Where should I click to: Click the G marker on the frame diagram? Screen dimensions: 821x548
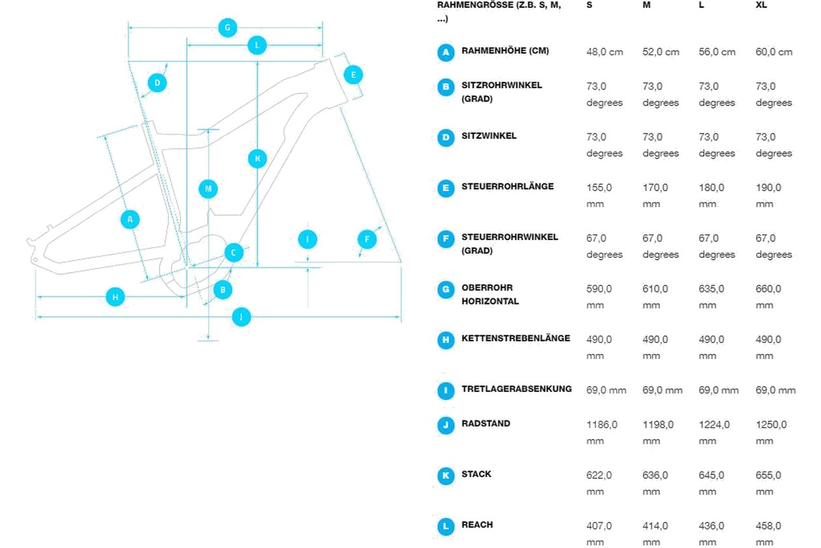[x=227, y=27]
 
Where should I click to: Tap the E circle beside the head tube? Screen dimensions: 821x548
[x=353, y=75]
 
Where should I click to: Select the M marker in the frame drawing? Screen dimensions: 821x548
[x=209, y=189]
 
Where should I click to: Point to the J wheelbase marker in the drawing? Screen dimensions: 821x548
[x=242, y=317]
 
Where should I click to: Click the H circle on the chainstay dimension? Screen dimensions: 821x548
[x=115, y=297]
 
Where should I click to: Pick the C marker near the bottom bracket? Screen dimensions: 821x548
[x=233, y=252]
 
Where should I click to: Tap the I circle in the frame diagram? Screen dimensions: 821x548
[x=308, y=239]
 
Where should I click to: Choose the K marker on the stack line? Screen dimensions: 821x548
[x=257, y=159]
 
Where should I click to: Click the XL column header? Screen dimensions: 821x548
[x=761, y=5]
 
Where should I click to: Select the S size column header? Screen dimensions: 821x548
[x=589, y=5]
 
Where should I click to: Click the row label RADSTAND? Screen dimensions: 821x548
[x=485, y=423]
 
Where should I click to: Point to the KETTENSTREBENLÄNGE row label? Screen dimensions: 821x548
[x=515, y=339]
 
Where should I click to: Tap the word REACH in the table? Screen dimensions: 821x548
[x=477, y=525]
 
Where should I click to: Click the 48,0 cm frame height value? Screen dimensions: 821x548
[x=605, y=52]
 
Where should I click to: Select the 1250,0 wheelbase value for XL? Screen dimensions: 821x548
[x=771, y=433]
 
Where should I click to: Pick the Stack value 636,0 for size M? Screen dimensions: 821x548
[x=655, y=483]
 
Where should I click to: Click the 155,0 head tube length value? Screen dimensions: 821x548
[x=599, y=196]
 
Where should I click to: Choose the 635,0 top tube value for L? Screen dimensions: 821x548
[x=712, y=297]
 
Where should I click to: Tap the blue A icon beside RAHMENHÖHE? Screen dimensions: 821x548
[x=446, y=52]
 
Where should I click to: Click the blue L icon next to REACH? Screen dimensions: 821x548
[x=446, y=526]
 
